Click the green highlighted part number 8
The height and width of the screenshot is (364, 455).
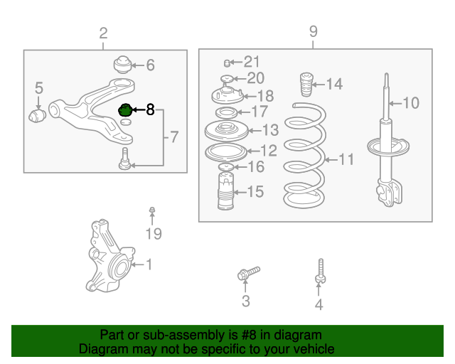coord(125,110)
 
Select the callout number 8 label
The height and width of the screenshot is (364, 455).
coord(149,110)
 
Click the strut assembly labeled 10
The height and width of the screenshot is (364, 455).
coord(386,142)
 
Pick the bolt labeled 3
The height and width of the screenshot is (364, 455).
coord(247,273)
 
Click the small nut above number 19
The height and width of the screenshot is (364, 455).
coord(152,210)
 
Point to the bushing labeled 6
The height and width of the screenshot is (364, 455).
coord(125,65)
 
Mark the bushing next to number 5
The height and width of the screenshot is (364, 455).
coord(37,114)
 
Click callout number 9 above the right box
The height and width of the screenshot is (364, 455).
coord(313,32)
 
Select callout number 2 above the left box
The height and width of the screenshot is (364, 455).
coord(104,33)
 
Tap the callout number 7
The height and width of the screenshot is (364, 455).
coord(175,137)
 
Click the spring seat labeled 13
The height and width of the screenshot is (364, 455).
coord(225,131)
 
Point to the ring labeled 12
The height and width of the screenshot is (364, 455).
coord(225,151)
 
